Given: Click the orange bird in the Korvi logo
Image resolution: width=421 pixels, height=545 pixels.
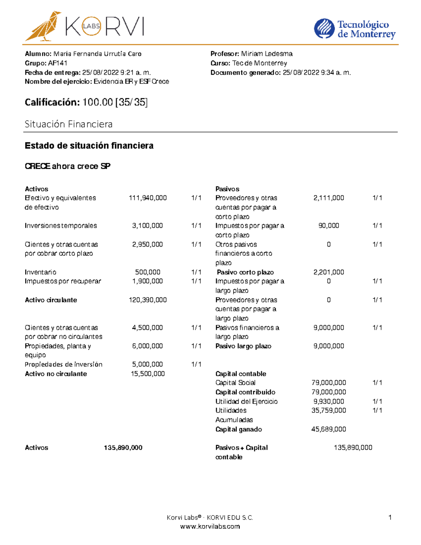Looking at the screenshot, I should click(x=43, y=26).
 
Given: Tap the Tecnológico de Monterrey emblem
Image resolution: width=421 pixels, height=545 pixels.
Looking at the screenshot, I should click(x=324, y=29).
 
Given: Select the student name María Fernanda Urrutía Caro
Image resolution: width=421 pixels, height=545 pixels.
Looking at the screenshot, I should click(x=97, y=54).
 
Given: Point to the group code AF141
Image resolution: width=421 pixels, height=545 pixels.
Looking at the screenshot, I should click(x=58, y=63).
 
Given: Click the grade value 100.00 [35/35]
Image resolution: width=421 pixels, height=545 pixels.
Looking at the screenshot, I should click(x=115, y=102).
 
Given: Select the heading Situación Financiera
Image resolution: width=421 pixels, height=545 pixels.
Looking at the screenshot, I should click(x=68, y=124).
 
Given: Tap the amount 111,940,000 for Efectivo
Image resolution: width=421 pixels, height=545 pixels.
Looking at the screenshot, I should click(x=148, y=198).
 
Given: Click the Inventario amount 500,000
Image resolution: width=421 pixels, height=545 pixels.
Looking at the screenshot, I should click(x=148, y=272).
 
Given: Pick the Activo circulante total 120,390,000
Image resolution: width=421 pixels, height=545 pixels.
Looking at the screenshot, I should click(x=148, y=300).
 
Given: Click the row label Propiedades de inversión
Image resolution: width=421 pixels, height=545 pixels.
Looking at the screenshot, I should click(x=64, y=364).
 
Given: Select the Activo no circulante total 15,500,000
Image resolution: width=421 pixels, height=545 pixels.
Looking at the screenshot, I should click(x=148, y=374).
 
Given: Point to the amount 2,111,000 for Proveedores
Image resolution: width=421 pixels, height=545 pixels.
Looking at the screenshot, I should click(x=329, y=198).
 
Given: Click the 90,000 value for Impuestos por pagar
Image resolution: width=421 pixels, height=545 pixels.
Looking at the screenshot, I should click(x=329, y=226).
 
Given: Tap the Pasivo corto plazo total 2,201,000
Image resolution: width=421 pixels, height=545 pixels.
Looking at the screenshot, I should click(x=329, y=272).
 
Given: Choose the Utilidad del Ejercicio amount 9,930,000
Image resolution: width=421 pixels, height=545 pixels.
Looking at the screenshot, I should click(x=329, y=401).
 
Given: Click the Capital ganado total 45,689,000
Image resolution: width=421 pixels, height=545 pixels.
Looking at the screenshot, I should click(x=329, y=429).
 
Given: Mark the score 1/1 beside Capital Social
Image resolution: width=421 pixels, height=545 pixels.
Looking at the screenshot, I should click(x=377, y=383).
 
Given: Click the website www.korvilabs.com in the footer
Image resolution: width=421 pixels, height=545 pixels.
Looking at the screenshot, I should click(x=210, y=526).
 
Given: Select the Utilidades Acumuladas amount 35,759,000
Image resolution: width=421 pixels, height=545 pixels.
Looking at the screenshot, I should click(x=329, y=410).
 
